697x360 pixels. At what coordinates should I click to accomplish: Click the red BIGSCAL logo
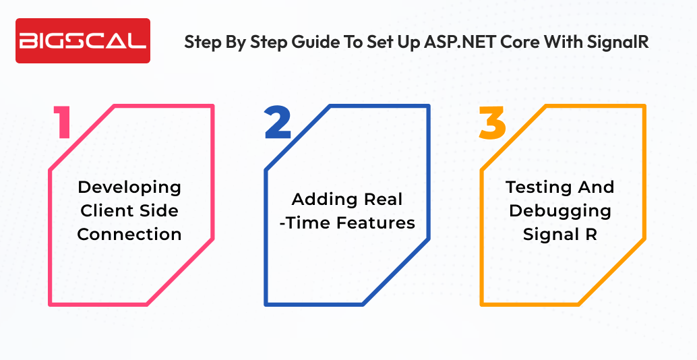82,41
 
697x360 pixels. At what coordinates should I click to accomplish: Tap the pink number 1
64,123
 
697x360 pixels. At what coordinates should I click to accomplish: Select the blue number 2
278,123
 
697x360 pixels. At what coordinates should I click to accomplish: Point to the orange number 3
492,123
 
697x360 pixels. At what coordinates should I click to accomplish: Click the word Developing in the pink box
129,187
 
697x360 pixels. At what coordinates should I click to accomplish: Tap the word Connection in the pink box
129,234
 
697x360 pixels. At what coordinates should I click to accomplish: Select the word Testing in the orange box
535,187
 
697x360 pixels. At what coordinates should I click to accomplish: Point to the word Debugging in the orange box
559,210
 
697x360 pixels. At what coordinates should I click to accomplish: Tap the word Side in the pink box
159,210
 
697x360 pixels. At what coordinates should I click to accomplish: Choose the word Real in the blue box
383,199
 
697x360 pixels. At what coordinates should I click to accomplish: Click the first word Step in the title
202,42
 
